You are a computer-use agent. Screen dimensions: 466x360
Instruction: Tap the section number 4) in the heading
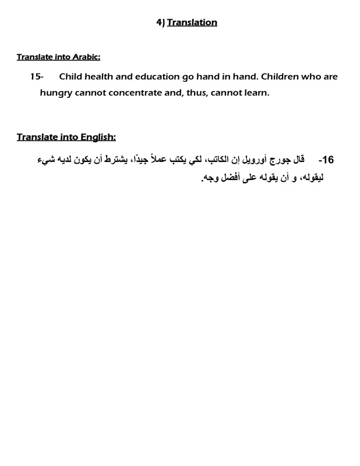click(160, 23)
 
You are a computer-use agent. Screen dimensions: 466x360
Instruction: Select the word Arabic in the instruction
click(86, 57)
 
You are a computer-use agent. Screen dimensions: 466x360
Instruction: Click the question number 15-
click(37, 77)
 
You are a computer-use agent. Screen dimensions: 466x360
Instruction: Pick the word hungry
click(58, 93)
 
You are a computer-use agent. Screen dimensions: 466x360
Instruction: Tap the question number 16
click(326, 160)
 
